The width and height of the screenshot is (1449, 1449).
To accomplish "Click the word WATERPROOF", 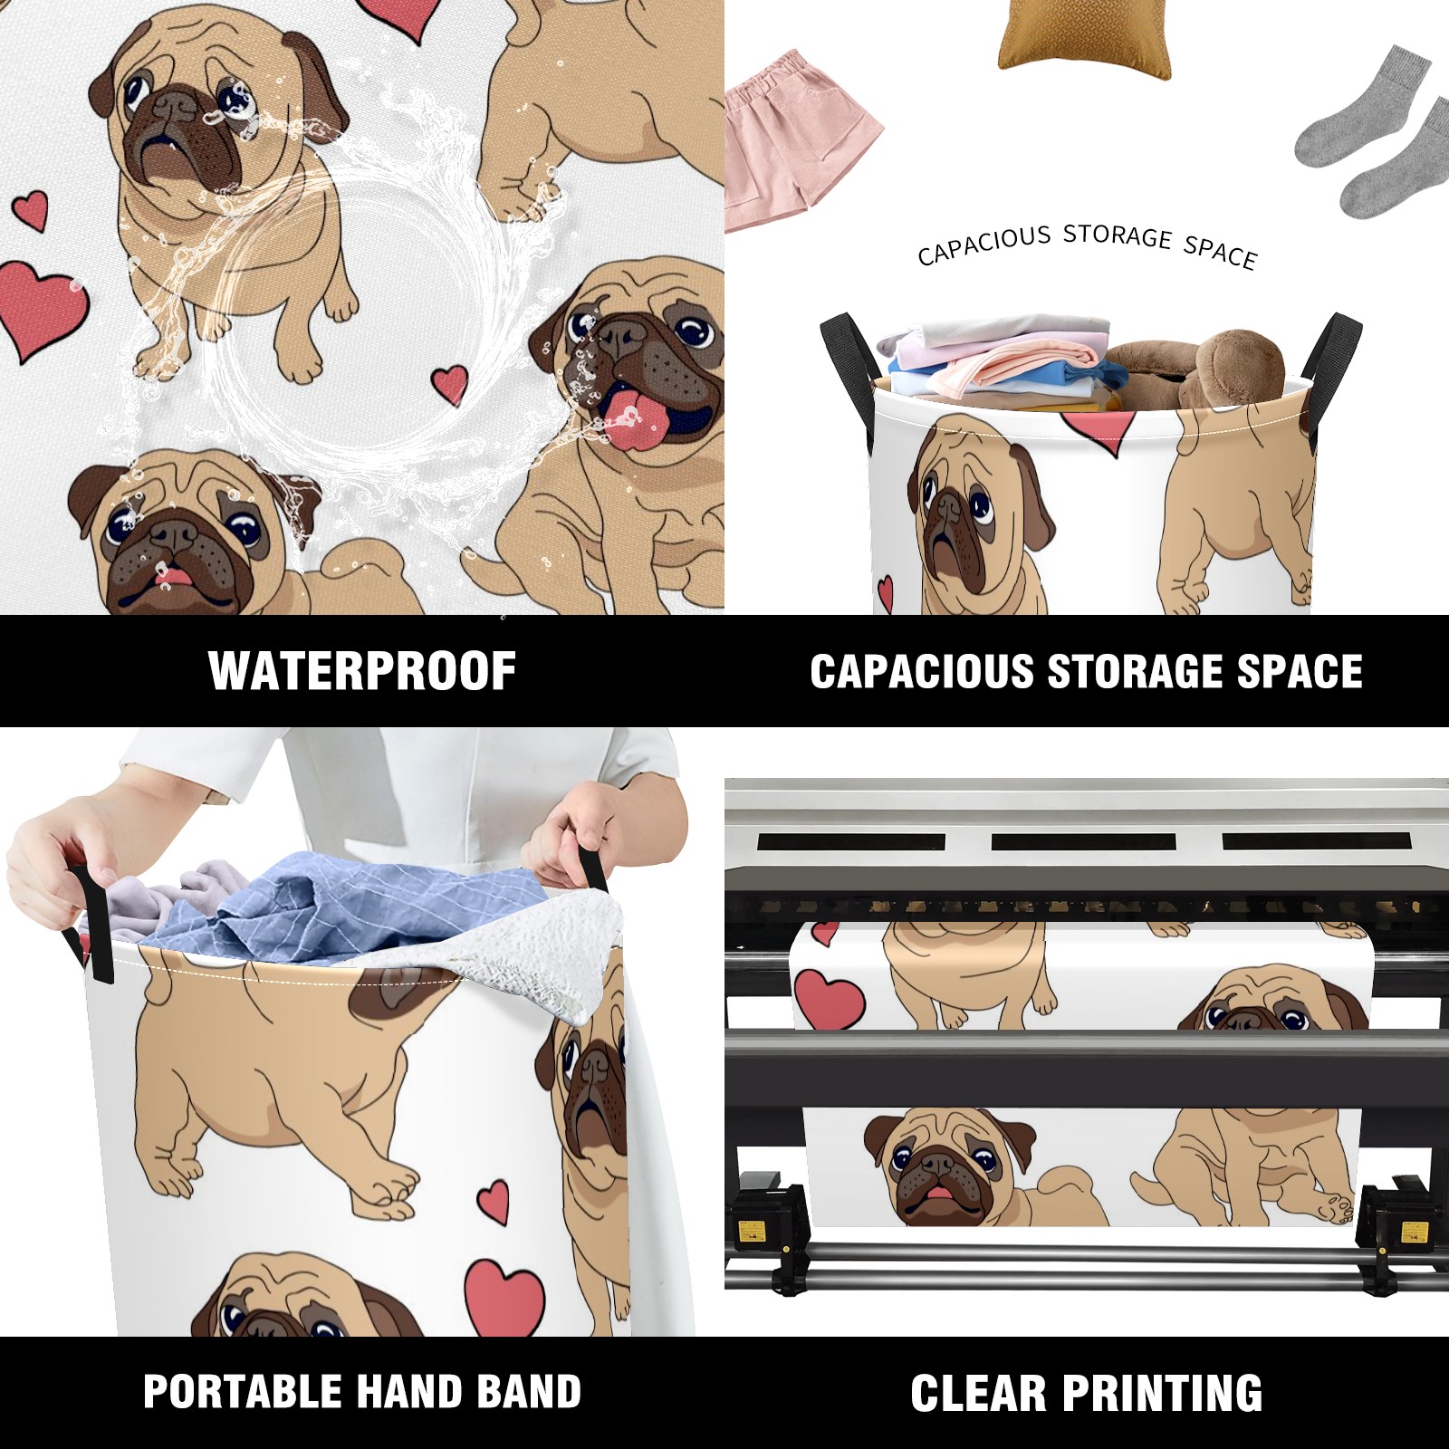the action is [362, 671].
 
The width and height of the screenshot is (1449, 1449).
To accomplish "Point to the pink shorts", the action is [801, 140].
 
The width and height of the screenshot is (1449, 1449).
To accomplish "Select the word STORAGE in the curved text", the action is [1118, 235].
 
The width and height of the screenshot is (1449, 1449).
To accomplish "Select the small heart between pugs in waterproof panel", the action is [450, 384].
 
